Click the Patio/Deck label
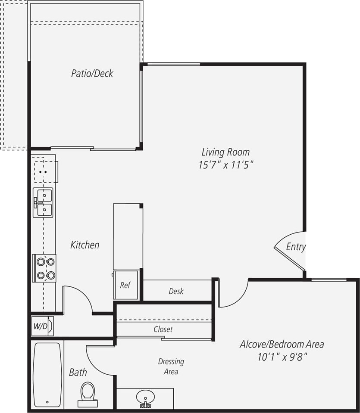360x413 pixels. click(x=92, y=73)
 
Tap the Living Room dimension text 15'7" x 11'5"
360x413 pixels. click(x=225, y=165)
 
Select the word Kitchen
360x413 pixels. click(x=85, y=245)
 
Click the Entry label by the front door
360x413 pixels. click(x=296, y=247)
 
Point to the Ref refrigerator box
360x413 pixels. click(x=125, y=285)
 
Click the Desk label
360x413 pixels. click(x=176, y=292)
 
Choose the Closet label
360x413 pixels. click(x=163, y=329)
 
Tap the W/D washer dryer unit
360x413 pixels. click(x=42, y=326)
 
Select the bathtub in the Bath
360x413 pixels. click(x=47, y=374)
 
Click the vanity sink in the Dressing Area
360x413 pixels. click(x=145, y=398)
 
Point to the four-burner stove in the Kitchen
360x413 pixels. click(x=45, y=268)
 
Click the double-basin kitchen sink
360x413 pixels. click(x=44, y=202)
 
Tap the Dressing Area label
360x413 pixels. click(x=171, y=366)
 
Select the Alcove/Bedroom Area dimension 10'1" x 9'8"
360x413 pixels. click(x=282, y=357)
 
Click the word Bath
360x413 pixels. click(x=78, y=373)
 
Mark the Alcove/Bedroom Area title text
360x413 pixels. click(x=282, y=344)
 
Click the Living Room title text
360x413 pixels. click(x=225, y=152)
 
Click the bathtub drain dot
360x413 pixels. click(x=47, y=403)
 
